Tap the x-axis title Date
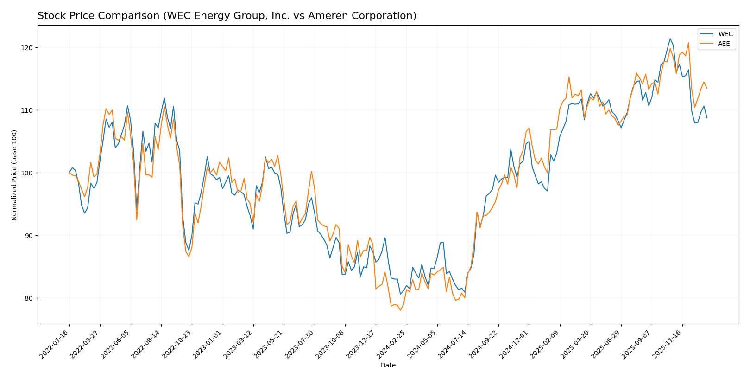pyautogui.click(x=388, y=366)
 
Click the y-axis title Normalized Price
pyautogui.click(x=14, y=175)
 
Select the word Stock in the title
pyautogui.click(x=50, y=16)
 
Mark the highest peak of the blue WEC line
pyautogui.click(x=670, y=39)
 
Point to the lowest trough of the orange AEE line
pyautogui.click(x=400, y=310)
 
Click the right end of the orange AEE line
pyautogui.click(x=707, y=88)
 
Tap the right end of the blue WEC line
pyautogui.click(x=707, y=118)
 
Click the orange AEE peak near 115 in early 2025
pyautogui.click(x=569, y=77)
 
